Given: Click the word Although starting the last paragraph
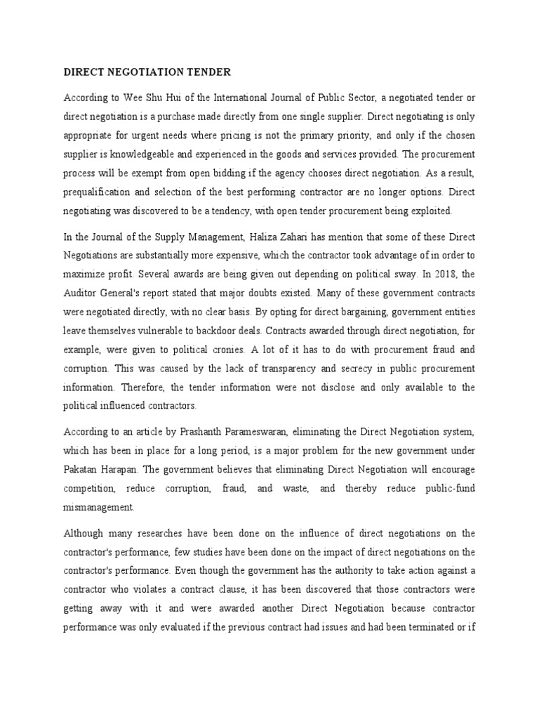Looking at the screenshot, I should point(85,532).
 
